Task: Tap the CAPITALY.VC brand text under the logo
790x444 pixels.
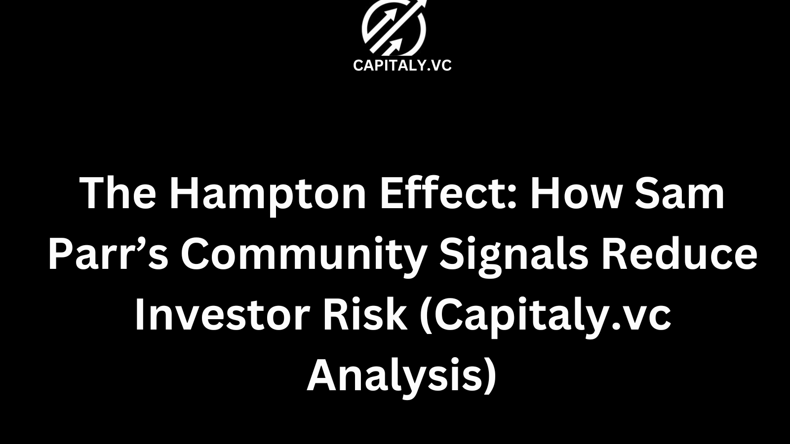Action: [402, 66]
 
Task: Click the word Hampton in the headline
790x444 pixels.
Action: [267, 193]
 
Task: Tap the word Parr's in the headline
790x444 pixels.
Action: [108, 255]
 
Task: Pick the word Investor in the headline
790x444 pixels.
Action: [222, 316]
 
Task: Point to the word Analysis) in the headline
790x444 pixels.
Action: [401, 377]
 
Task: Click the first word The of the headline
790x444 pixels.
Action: [118, 193]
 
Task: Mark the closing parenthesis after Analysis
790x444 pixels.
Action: [490, 377]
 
